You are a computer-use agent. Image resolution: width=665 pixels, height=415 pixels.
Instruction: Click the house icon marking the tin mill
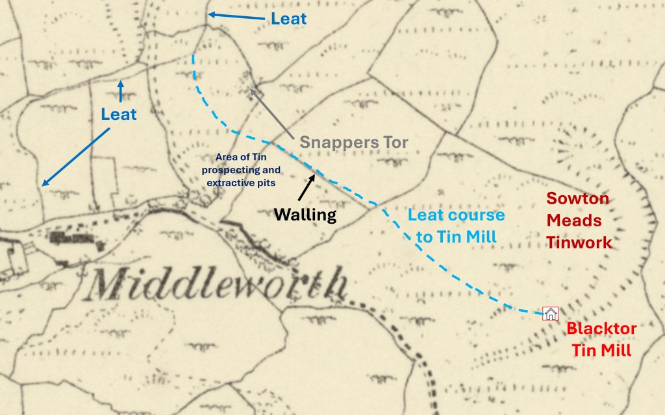[550, 314]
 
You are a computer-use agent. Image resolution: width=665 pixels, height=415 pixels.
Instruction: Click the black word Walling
[305, 215]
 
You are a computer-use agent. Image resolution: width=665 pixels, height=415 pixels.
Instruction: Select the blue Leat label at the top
[288, 19]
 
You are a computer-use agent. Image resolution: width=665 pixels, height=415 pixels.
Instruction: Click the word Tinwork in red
[579, 243]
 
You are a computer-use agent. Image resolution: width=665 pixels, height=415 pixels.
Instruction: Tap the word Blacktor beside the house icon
[601, 328]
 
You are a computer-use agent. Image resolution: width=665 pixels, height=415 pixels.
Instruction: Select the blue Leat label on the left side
[119, 115]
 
